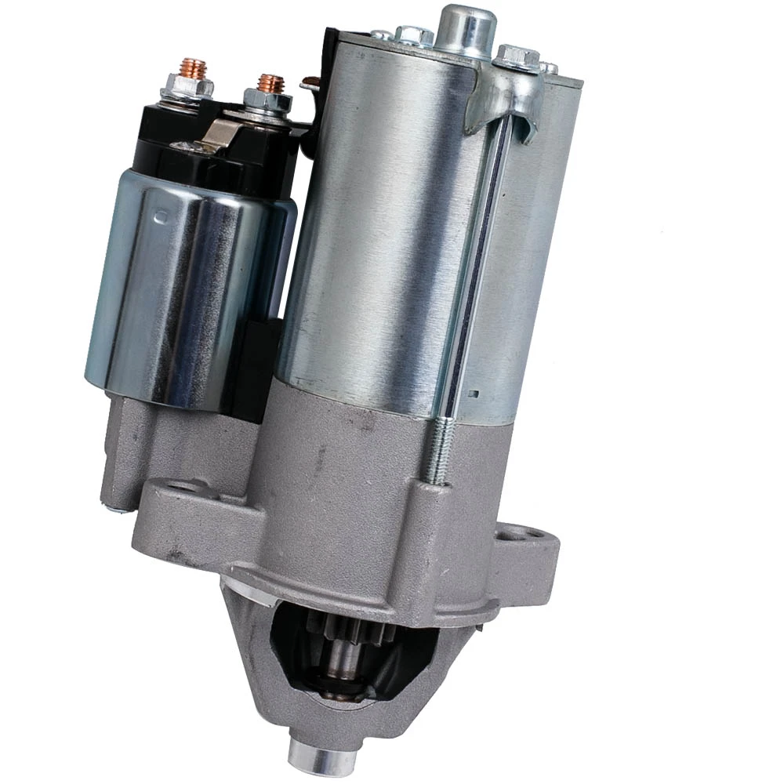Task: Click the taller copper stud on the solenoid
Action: pos(193,69)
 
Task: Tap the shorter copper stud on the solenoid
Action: pos(271,83)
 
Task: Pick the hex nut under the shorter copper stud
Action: pos(267,100)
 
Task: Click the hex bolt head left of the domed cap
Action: pos(415,34)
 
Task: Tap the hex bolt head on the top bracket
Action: pos(517,56)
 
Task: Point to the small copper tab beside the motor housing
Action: pos(311,83)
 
